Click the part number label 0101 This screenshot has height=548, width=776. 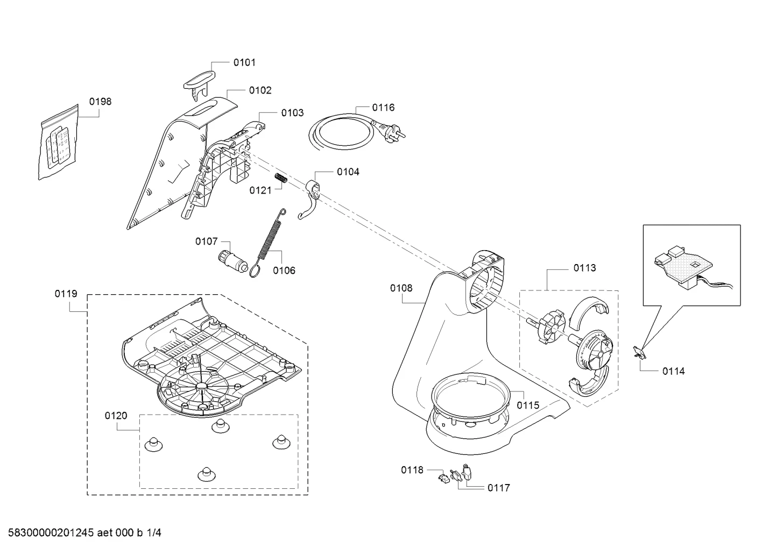pyautogui.click(x=244, y=63)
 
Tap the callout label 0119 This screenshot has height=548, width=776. pyautogui.click(x=66, y=294)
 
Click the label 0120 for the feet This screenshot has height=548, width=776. pyautogui.click(x=116, y=415)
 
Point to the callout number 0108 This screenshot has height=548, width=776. pyautogui.click(x=401, y=288)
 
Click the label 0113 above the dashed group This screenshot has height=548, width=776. pyautogui.click(x=585, y=268)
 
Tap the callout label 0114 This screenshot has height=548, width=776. pyautogui.click(x=673, y=372)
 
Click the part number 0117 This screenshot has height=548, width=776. pyautogui.click(x=498, y=488)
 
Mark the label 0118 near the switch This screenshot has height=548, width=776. pyautogui.click(x=412, y=470)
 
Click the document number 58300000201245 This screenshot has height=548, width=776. pyautogui.click(x=51, y=533)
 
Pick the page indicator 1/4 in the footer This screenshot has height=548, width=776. pyautogui.click(x=154, y=533)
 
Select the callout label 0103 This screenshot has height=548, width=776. pyautogui.click(x=292, y=113)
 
